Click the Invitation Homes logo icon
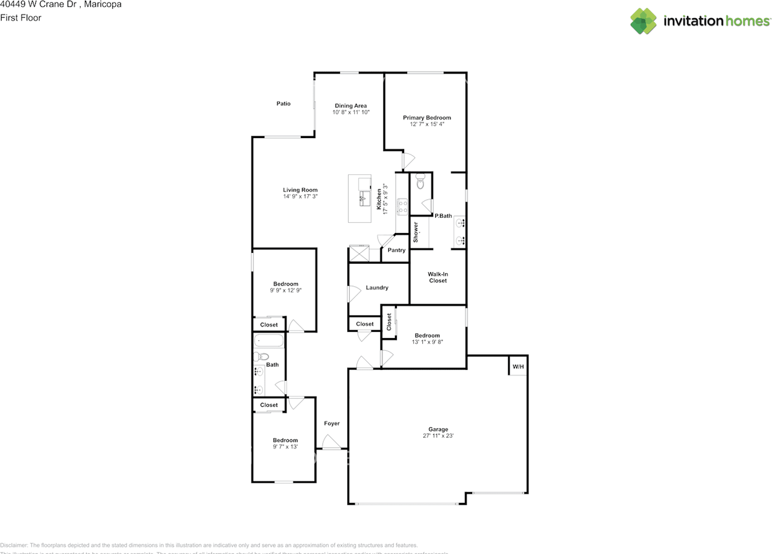coord(644,21)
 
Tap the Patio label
coord(283,104)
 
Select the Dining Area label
coord(350,106)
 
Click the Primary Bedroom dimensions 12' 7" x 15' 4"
coord(426,124)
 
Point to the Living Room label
coord(300,190)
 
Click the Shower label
coord(416,232)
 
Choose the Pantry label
coord(396,250)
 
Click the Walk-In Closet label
coord(438,277)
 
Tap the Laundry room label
coord(377,288)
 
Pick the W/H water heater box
coord(518,366)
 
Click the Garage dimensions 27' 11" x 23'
coord(438,436)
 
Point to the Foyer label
coord(332,424)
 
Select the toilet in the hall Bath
coord(258,357)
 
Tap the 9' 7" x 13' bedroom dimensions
coord(285,447)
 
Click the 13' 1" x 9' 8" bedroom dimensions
coord(426,342)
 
